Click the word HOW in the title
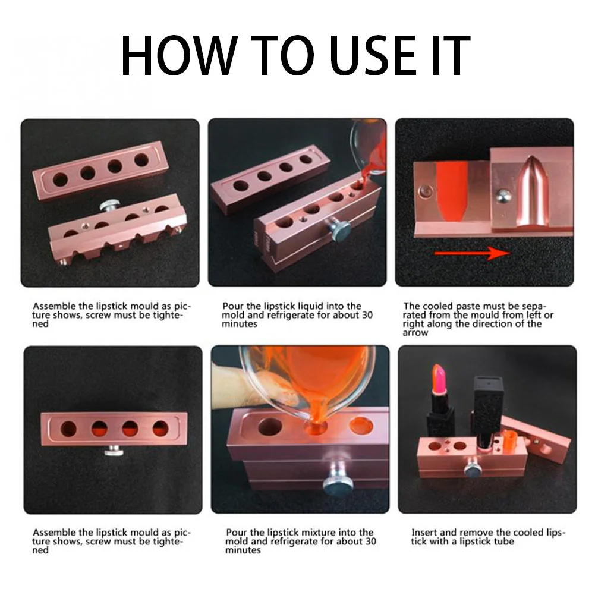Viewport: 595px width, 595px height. click(x=179, y=55)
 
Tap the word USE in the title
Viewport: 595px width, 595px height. click(x=373, y=55)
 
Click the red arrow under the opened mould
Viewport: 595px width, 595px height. click(x=472, y=253)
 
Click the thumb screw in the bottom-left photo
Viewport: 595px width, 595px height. click(x=114, y=451)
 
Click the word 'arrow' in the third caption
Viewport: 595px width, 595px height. click(x=415, y=333)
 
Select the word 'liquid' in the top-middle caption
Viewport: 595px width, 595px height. click(x=311, y=306)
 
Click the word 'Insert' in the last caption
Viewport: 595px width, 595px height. click(x=424, y=533)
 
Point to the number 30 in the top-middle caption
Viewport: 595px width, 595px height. click(x=367, y=315)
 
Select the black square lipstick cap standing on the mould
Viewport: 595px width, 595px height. click(x=487, y=410)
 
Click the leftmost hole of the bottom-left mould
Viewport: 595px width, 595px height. click(x=69, y=429)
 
